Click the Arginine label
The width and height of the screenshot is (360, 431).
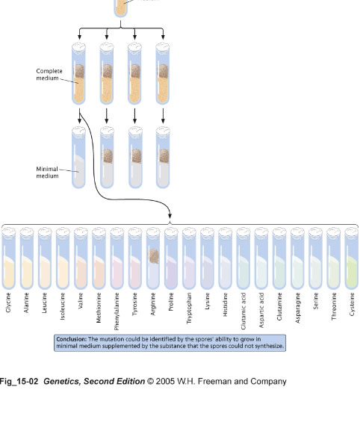click(x=153, y=304)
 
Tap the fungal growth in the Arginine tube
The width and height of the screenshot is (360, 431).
click(x=154, y=256)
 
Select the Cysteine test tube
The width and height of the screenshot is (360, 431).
click(x=352, y=258)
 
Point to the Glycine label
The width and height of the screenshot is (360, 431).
click(x=8, y=303)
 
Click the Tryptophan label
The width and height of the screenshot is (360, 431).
click(x=189, y=308)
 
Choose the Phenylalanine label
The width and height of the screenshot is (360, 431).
click(x=117, y=311)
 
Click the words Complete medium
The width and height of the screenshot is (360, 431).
click(x=49, y=75)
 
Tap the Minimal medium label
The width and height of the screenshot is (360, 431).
click(x=47, y=173)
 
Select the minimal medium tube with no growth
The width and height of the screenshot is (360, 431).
click(x=78, y=157)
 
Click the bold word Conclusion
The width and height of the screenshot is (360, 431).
click(x=71, y=339)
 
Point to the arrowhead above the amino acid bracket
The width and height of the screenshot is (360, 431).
click(x=170, y=215)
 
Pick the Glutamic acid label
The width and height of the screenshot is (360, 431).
click(x=243, y=311)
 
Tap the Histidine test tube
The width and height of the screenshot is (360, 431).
click(x=225, y=258)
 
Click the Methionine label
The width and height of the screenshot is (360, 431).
click(x=99, y=308)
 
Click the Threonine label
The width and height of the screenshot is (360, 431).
click(x=334, y=306)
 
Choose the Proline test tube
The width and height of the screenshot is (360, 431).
click(x=171, y=258)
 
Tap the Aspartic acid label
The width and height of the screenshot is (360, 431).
click(x=261, y=310)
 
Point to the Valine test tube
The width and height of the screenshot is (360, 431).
click(x=81, y=258)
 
